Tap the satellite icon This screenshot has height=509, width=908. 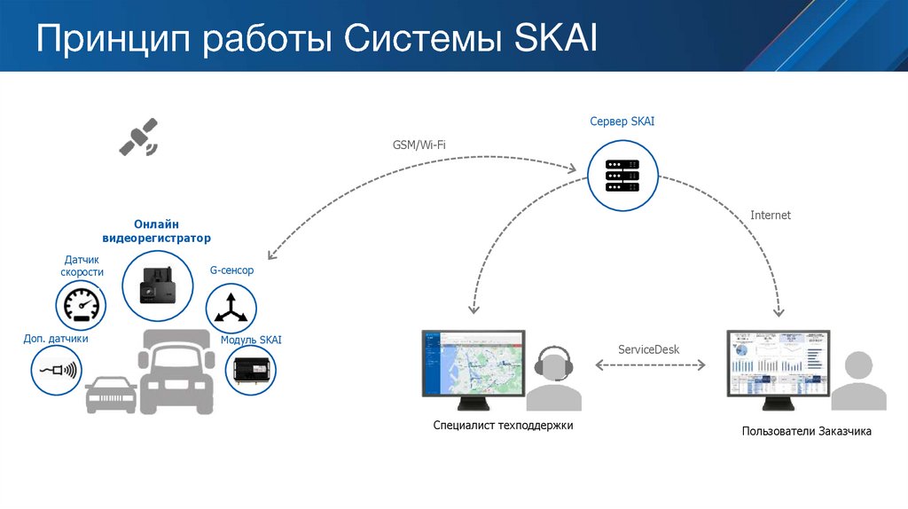click(139, 136)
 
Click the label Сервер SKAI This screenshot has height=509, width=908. click(622, 121)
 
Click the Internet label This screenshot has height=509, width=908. click(770, 215)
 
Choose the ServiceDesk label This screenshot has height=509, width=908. click(649, 349)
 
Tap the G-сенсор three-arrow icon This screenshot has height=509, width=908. click(231, 309)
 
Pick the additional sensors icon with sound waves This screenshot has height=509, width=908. click(57, 369)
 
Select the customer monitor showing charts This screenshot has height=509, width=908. click(778, 364)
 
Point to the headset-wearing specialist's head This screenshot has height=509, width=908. click(557, 366)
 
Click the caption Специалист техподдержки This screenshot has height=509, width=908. click(504, 426)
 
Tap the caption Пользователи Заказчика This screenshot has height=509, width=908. click(807, 432)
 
